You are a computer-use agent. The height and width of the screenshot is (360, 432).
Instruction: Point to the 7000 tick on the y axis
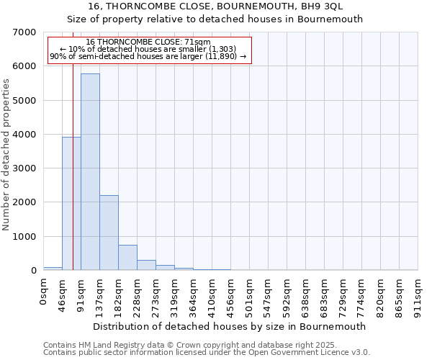click(25, 32)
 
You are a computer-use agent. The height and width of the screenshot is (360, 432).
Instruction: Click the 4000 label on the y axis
click(25, 135)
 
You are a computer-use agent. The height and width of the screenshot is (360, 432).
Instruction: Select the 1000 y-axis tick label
click(25, 237)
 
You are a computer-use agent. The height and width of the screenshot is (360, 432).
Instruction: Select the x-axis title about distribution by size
click(230, 326)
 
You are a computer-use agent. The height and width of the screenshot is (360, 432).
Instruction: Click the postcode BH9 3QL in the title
click(321, 6)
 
